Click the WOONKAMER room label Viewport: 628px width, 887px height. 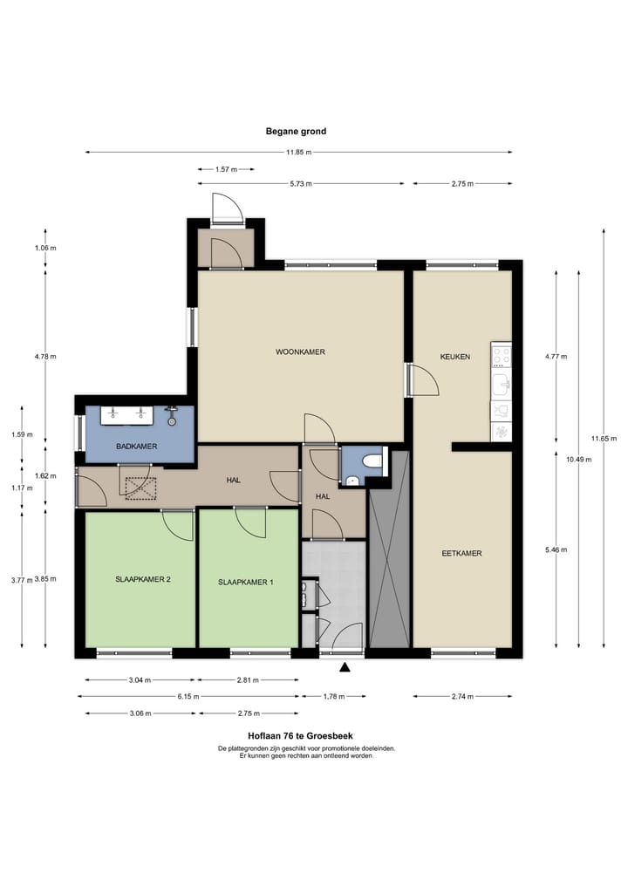pyautogui.click(x=300, y=351)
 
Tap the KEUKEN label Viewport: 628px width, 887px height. pyautogui.click(x=455, y=357)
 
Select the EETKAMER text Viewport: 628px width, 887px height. pyautogui.click(x=461, y=553)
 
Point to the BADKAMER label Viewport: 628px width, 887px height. pyautogui.click(x=136, y=447)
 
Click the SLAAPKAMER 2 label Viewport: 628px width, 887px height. pyautogui.click(x=142, y=579)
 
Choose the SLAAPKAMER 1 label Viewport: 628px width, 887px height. pyautogui.click(x=246, y=582)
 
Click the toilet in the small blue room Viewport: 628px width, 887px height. pyautogui.click(x=372, y=461)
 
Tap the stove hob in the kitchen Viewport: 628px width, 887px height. pyautogui.click(x=502, y=357)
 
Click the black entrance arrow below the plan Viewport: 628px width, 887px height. pyautogui.click(x=344, y=667)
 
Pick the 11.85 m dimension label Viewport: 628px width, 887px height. pyautogui.click(x=298, y=152)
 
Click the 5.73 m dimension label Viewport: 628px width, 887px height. pyautogui.click(x=301, y=184)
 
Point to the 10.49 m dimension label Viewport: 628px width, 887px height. pyautogui.click(x=579, y=460)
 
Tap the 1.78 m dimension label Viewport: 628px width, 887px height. pyautogui.click(x=334, y=696)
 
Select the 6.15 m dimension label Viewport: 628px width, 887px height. pyautogui.click(x=188, y=696)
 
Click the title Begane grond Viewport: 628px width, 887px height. pyautogui.click(x=296, y=131)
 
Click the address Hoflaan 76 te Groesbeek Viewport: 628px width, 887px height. pyautogui.click(x=300, y=736)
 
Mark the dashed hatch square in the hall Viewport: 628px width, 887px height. pyautogui.click(x=140, y=488)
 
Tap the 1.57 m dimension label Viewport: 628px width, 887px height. pyautogui.click(x=226, y=169)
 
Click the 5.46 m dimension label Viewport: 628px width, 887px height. pyautogui.click(x=556, y=549)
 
